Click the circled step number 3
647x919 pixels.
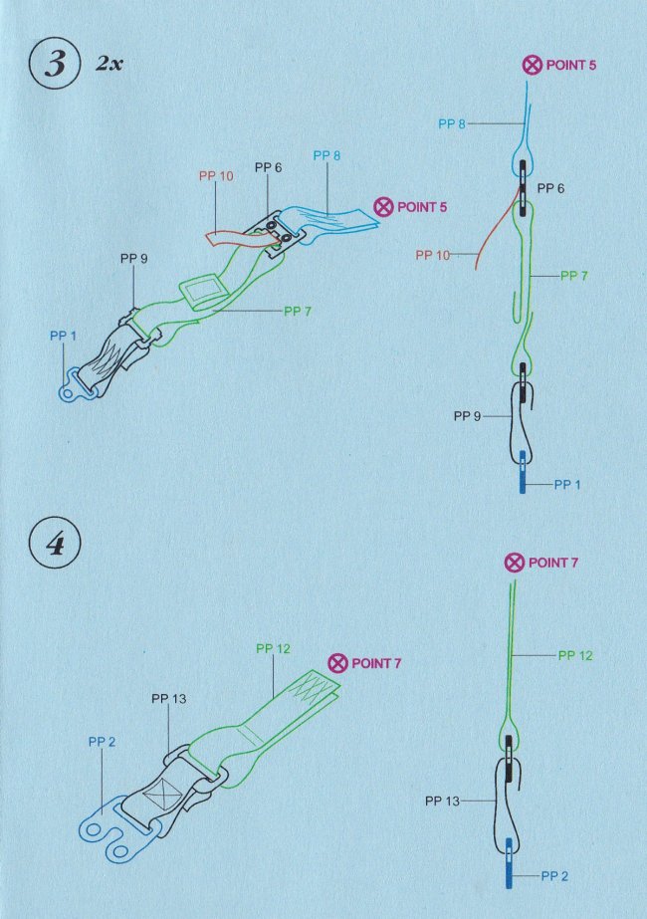[55, 64]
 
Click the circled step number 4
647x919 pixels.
[55, 543]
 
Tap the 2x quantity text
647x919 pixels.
[109, 64]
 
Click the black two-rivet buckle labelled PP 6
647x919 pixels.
[280, 233]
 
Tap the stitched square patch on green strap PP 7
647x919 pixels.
[200, 292]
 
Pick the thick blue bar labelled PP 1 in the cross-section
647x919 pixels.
[523, 471]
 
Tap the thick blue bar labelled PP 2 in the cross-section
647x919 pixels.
[509, 862]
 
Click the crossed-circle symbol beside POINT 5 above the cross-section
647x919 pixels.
[533, 65]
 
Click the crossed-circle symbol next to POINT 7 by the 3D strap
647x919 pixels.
[337, 663]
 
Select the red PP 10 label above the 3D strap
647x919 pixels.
[216, 176]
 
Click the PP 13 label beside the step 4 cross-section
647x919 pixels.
[443, 801]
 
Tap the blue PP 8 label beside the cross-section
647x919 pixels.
[452, 123]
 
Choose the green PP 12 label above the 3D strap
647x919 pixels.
[273, 648]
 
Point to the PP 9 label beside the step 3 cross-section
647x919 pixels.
[467, 416]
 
